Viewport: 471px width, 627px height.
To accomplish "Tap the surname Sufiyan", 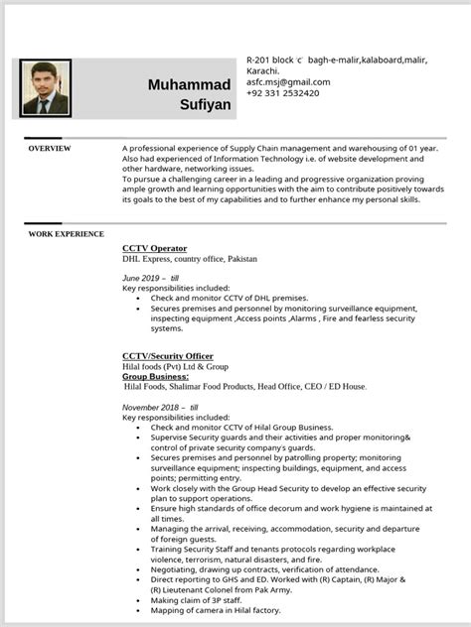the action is click(x=206, y=103).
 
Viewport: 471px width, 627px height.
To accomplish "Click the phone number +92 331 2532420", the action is click(x=283, y=93).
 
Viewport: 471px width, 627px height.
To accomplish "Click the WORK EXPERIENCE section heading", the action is click(x=66, y=234).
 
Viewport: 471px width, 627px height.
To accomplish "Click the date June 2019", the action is click(x=141, y=278).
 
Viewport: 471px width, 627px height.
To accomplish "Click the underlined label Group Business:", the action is click(x=155, y=377).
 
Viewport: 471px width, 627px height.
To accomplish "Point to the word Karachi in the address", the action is click(x=262, y=71).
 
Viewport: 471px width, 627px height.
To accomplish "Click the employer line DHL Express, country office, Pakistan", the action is click(x=189, y=259).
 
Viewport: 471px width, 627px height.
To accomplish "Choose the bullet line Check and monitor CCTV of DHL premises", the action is click(x=229, y=298).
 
